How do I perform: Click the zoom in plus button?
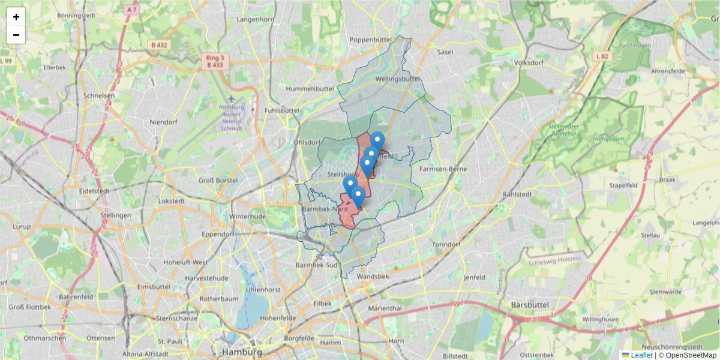pos(16,17)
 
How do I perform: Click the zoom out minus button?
pos(16,35)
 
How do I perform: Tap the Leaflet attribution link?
pos(641,355)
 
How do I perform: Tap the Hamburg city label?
pos(241,352)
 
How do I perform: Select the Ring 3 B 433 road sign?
pos(215,61)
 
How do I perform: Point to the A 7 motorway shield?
pos(132,10)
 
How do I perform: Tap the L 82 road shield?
pos(602,56)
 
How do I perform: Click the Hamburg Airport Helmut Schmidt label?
pos(231,118)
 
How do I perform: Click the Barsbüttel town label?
pos(530,305)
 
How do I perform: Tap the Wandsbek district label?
pos(373,277)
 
